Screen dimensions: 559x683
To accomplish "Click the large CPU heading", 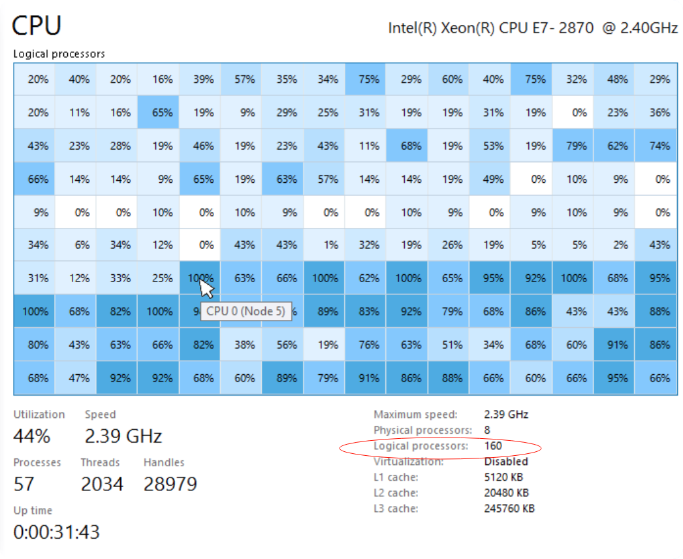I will pyautogui.click(x=37, y=26).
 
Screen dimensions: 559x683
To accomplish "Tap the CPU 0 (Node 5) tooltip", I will pyautogui.click(x=246, y=311).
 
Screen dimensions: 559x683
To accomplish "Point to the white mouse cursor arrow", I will pyautogui.click(x=207, y=287).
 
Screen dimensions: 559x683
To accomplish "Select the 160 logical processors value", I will pyautogui.click(x=493, y=447).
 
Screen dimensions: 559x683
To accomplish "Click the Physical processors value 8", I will pyautogui.click(x=487, y=430).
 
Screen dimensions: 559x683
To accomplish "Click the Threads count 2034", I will pyautogui.click(x=101, y=484).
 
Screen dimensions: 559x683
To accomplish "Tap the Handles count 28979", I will pyautogui.click(x=170, y=484).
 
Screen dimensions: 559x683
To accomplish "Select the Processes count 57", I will pyautogui.click(x=25, y=484).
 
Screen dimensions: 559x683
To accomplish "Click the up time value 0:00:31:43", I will pyautogui.click(x=57, y=532).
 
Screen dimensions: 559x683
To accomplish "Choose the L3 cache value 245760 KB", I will pyautogui.click(x=509, y=509).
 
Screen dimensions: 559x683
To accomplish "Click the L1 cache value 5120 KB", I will pyautogui.click(x=503, y=477).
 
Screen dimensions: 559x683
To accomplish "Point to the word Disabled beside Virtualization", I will pyautogui.click(x=506, y=462).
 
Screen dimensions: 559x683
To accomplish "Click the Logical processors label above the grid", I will pyautogui.click(x=59, y=54).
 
